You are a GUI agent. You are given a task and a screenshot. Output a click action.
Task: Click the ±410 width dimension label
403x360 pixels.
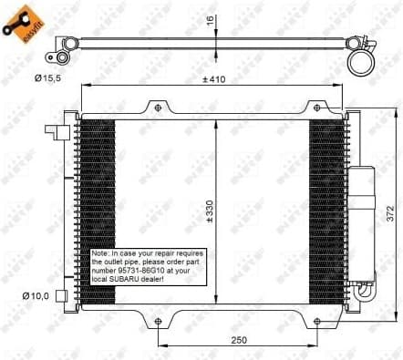coord(214,78)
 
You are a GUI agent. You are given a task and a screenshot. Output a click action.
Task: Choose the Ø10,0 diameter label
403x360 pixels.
coord(35,294)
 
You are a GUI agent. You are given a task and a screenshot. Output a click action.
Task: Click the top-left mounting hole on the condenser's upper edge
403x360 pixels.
coord(158,108)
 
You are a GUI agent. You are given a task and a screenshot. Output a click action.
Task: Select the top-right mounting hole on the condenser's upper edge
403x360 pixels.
coord(315,108)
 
